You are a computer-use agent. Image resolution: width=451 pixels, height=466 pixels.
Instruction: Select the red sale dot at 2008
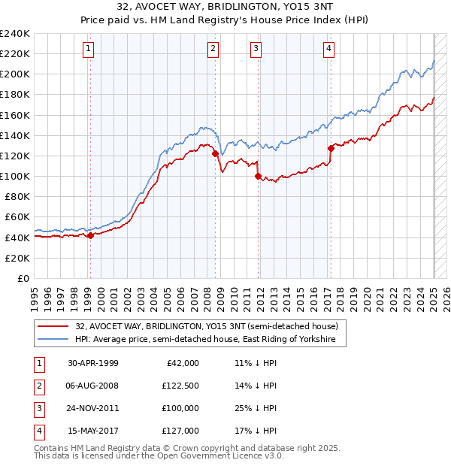215,153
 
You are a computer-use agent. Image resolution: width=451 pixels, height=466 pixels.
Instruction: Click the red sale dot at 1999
90,235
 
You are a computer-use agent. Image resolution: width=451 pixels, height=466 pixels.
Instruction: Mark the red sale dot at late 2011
259,177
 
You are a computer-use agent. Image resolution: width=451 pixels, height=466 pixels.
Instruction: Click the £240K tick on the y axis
14,34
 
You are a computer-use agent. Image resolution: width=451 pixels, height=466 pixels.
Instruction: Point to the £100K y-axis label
14,176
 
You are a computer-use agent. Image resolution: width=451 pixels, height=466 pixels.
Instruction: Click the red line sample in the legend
53,327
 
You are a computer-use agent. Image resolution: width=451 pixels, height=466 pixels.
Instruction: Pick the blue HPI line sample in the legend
53,340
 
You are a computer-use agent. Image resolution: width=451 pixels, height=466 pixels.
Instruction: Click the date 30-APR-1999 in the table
93,363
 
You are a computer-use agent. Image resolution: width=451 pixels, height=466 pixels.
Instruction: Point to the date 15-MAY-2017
93,431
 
